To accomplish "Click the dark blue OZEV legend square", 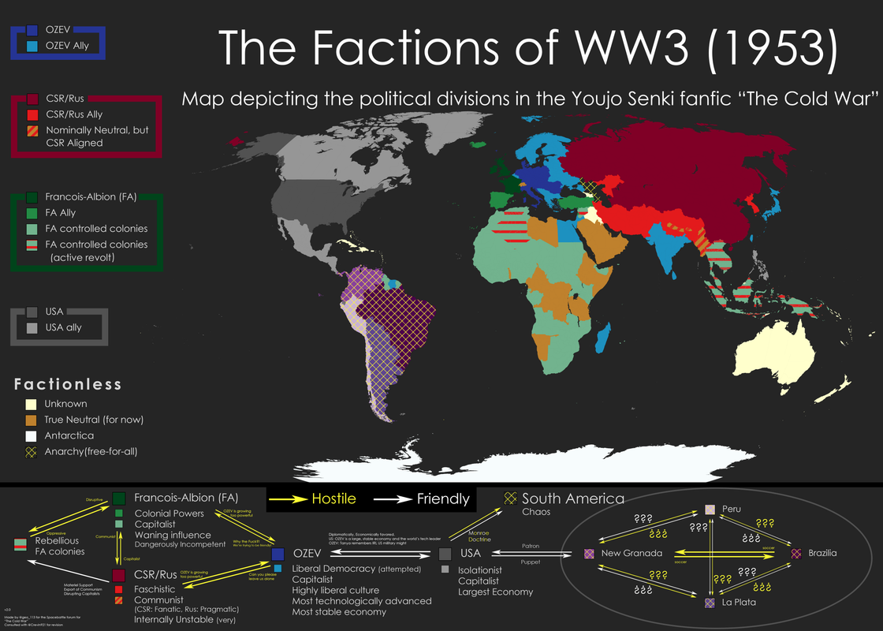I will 32,30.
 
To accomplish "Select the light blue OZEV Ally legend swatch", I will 32,46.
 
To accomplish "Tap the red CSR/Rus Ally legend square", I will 32,114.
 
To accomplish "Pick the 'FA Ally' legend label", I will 61,213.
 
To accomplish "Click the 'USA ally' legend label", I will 63,327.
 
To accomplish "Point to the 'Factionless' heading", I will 68,384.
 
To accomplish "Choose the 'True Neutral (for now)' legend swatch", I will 31,420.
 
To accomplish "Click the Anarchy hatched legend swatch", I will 31,451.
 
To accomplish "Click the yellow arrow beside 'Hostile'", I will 287,498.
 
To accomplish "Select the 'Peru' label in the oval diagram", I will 731,510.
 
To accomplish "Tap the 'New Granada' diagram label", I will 632,554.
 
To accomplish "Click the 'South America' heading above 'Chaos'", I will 572,498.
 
